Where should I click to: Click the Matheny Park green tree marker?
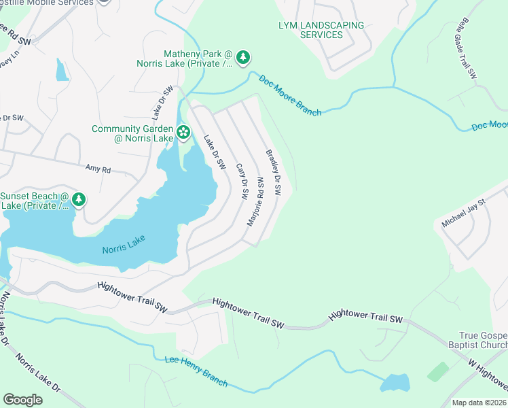(244, 56)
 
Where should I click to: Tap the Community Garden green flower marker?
(183, 131)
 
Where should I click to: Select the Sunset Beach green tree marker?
(79, 199)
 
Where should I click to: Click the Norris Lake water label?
(124, 249)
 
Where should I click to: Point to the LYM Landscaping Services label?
(321, 30)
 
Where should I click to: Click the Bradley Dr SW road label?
(273, 173)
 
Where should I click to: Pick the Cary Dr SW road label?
(241, 180)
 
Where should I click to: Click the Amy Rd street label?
(97, 167)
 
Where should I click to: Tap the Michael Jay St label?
(465, 213)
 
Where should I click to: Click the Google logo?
(22, 400)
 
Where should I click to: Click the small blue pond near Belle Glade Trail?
(62, 69)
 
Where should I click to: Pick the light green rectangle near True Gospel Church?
(438, 371)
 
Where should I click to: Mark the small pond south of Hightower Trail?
(395, 383)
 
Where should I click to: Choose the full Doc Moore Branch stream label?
(290, 95)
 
